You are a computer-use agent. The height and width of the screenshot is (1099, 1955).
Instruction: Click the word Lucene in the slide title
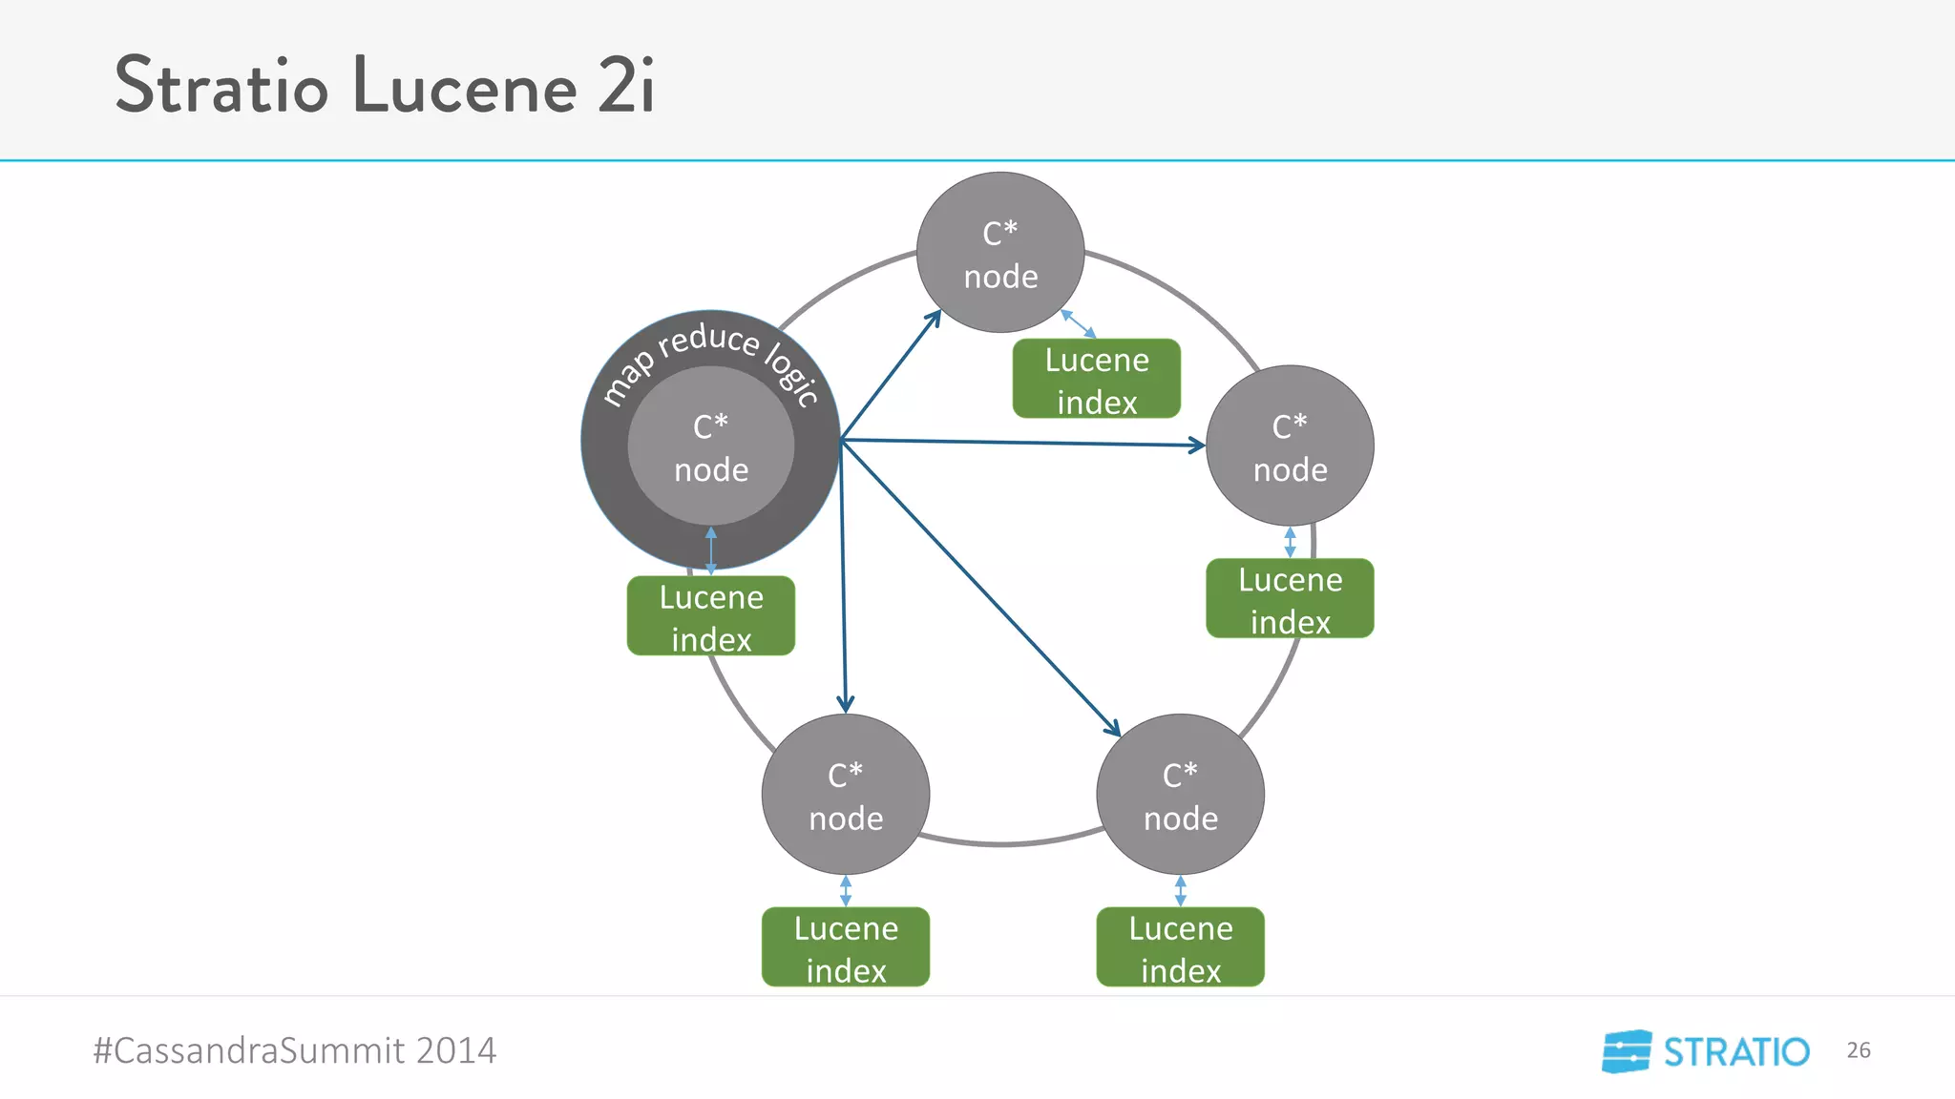coord(465,86)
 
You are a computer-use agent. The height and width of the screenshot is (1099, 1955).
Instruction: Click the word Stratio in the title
coord(221,86)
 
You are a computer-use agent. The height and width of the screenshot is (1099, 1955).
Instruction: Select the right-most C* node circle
coord(1290,446)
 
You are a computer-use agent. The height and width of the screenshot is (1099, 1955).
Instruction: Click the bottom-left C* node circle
coord(846,795)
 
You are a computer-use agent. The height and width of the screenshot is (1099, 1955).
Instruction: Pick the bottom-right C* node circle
coord(1181,795)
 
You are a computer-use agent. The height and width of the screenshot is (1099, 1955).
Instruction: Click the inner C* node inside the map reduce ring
coord(711,446)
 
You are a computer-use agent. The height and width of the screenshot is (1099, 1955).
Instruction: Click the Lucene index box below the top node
coord(1097,380)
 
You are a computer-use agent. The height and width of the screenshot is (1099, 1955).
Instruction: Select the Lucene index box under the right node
coord(1290,599)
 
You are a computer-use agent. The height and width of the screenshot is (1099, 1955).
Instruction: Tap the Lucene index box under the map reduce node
coord(711,616)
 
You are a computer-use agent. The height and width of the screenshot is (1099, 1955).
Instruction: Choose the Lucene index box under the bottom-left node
coord(846,947)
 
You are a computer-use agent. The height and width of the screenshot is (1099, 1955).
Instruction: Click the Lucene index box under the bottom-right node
coord(1181,947)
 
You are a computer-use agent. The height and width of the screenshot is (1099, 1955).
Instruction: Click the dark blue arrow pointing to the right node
coord(1021,443)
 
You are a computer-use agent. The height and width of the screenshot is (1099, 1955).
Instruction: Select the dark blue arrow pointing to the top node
coord(890,376)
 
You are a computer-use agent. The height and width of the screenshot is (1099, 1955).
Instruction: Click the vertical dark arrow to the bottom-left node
coord(843,582)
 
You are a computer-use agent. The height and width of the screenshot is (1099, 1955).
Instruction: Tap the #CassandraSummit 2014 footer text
coord(295,1050)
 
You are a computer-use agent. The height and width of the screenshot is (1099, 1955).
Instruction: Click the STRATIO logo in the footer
coord(1706,1051)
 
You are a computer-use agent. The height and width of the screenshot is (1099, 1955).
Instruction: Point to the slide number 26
coord(1858,1050)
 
